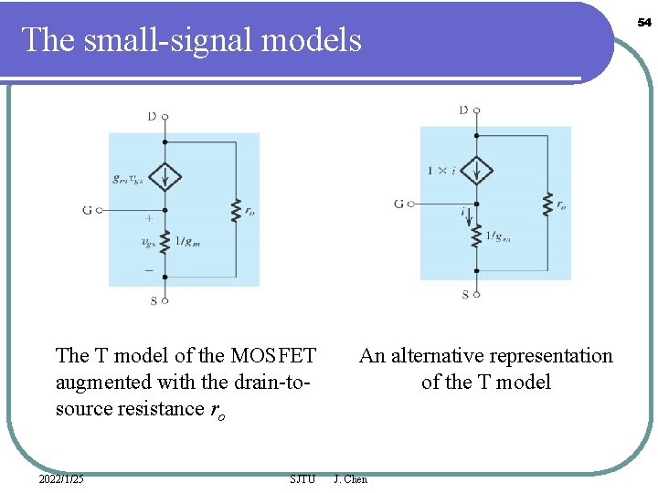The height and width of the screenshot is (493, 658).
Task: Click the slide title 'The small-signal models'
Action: coord(191,39)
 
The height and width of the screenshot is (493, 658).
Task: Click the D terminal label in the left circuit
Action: coord(152,117)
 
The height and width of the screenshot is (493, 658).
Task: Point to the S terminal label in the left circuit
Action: coord(154,300)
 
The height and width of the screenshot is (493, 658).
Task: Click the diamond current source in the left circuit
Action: coord(164,176)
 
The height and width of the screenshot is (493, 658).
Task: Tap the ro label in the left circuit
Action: coord(250,210)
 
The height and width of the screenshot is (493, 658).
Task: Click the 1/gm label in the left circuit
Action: coord(189,241)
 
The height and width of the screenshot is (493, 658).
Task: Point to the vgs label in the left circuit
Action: coord(147,243)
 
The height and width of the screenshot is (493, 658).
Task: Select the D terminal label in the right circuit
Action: coord(463,110)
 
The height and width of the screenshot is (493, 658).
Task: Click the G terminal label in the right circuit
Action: coord(398,203)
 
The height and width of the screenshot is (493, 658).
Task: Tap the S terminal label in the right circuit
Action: coord(465,294)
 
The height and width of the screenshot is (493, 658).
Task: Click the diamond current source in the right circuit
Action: coord(476,170)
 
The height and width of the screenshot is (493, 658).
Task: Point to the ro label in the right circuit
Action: coord(560,205)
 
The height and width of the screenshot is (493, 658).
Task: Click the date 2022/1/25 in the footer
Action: coord(61,479)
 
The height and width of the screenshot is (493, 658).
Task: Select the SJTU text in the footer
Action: coord(302,479)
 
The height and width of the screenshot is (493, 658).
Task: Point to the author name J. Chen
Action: coord(351,479)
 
